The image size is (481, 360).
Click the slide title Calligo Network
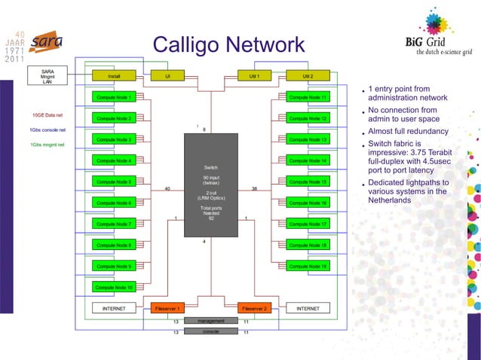click(228, 45)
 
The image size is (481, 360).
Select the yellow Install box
click(113, 76)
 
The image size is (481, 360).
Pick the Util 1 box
click(254, 76)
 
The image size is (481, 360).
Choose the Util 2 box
click(308, 76)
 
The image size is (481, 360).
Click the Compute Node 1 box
click(113, 97)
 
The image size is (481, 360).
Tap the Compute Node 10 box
click(113, 287)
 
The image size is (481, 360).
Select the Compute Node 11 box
click(308, 97)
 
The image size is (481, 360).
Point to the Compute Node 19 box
click(308, 266)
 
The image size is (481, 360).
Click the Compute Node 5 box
click(113, 182)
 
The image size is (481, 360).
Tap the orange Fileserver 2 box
click(254, 308)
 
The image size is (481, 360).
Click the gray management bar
click(210, 321)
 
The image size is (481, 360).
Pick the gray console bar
click(210, 331)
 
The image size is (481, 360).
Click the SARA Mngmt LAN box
click(47, 76)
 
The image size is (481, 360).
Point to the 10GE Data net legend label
click(48, 115)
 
